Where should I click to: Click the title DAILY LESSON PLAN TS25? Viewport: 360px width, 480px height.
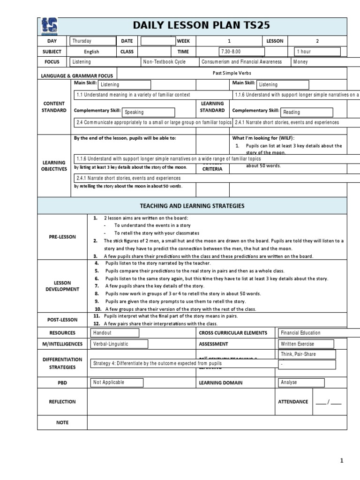pos(202,26)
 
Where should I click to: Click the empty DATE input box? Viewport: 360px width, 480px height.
pos(158,41)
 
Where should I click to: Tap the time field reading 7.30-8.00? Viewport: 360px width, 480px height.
pos(242,52)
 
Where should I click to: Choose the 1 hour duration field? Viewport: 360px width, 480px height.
pos(317,52)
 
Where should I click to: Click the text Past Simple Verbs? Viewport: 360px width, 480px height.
pos(232,74)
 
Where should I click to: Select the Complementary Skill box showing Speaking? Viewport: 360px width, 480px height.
pos(148,112)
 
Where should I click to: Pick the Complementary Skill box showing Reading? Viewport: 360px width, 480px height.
pos(306,112)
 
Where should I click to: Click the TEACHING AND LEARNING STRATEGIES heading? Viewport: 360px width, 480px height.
pos(192,206)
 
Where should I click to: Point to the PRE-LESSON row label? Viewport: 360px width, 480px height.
pos(62,237)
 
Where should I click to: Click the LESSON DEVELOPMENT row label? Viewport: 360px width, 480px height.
pos(62,286)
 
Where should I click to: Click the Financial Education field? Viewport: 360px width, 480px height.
pos(307,333)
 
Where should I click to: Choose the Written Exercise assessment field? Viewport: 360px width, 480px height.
pos(306,344)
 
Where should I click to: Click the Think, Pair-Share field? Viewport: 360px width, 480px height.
pos(307,354)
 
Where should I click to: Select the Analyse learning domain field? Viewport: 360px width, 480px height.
pos(301,382)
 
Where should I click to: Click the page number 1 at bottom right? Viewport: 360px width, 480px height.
pos(342,461)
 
